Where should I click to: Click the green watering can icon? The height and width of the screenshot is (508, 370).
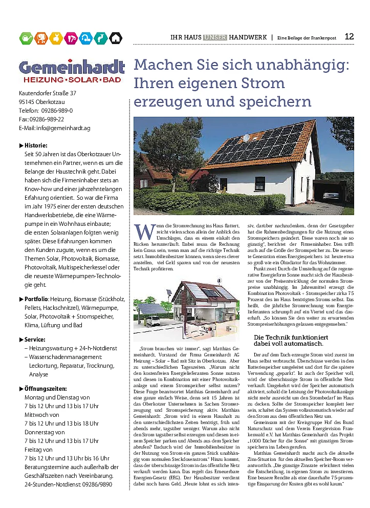click(x=26, y=37)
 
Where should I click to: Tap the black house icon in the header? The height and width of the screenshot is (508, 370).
click(x=116, y=37)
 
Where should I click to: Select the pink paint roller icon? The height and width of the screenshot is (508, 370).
click(x=71, y=37)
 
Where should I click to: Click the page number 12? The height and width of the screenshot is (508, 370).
click(x=350, y=36)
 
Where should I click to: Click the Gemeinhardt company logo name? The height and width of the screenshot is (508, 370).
click(x=72, y=67)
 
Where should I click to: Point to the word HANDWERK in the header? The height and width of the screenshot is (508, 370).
click(x=248, y=37)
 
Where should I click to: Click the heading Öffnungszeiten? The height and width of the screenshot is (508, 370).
click(x=46, y=389)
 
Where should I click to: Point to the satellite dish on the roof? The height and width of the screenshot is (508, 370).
click(x=246, y=138)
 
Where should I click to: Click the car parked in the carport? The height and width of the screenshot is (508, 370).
click(x=331, y=195)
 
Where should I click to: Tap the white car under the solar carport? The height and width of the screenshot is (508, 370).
click(x=153, y=322)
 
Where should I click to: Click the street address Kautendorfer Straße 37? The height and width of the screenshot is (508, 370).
click(x=48, y=93)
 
